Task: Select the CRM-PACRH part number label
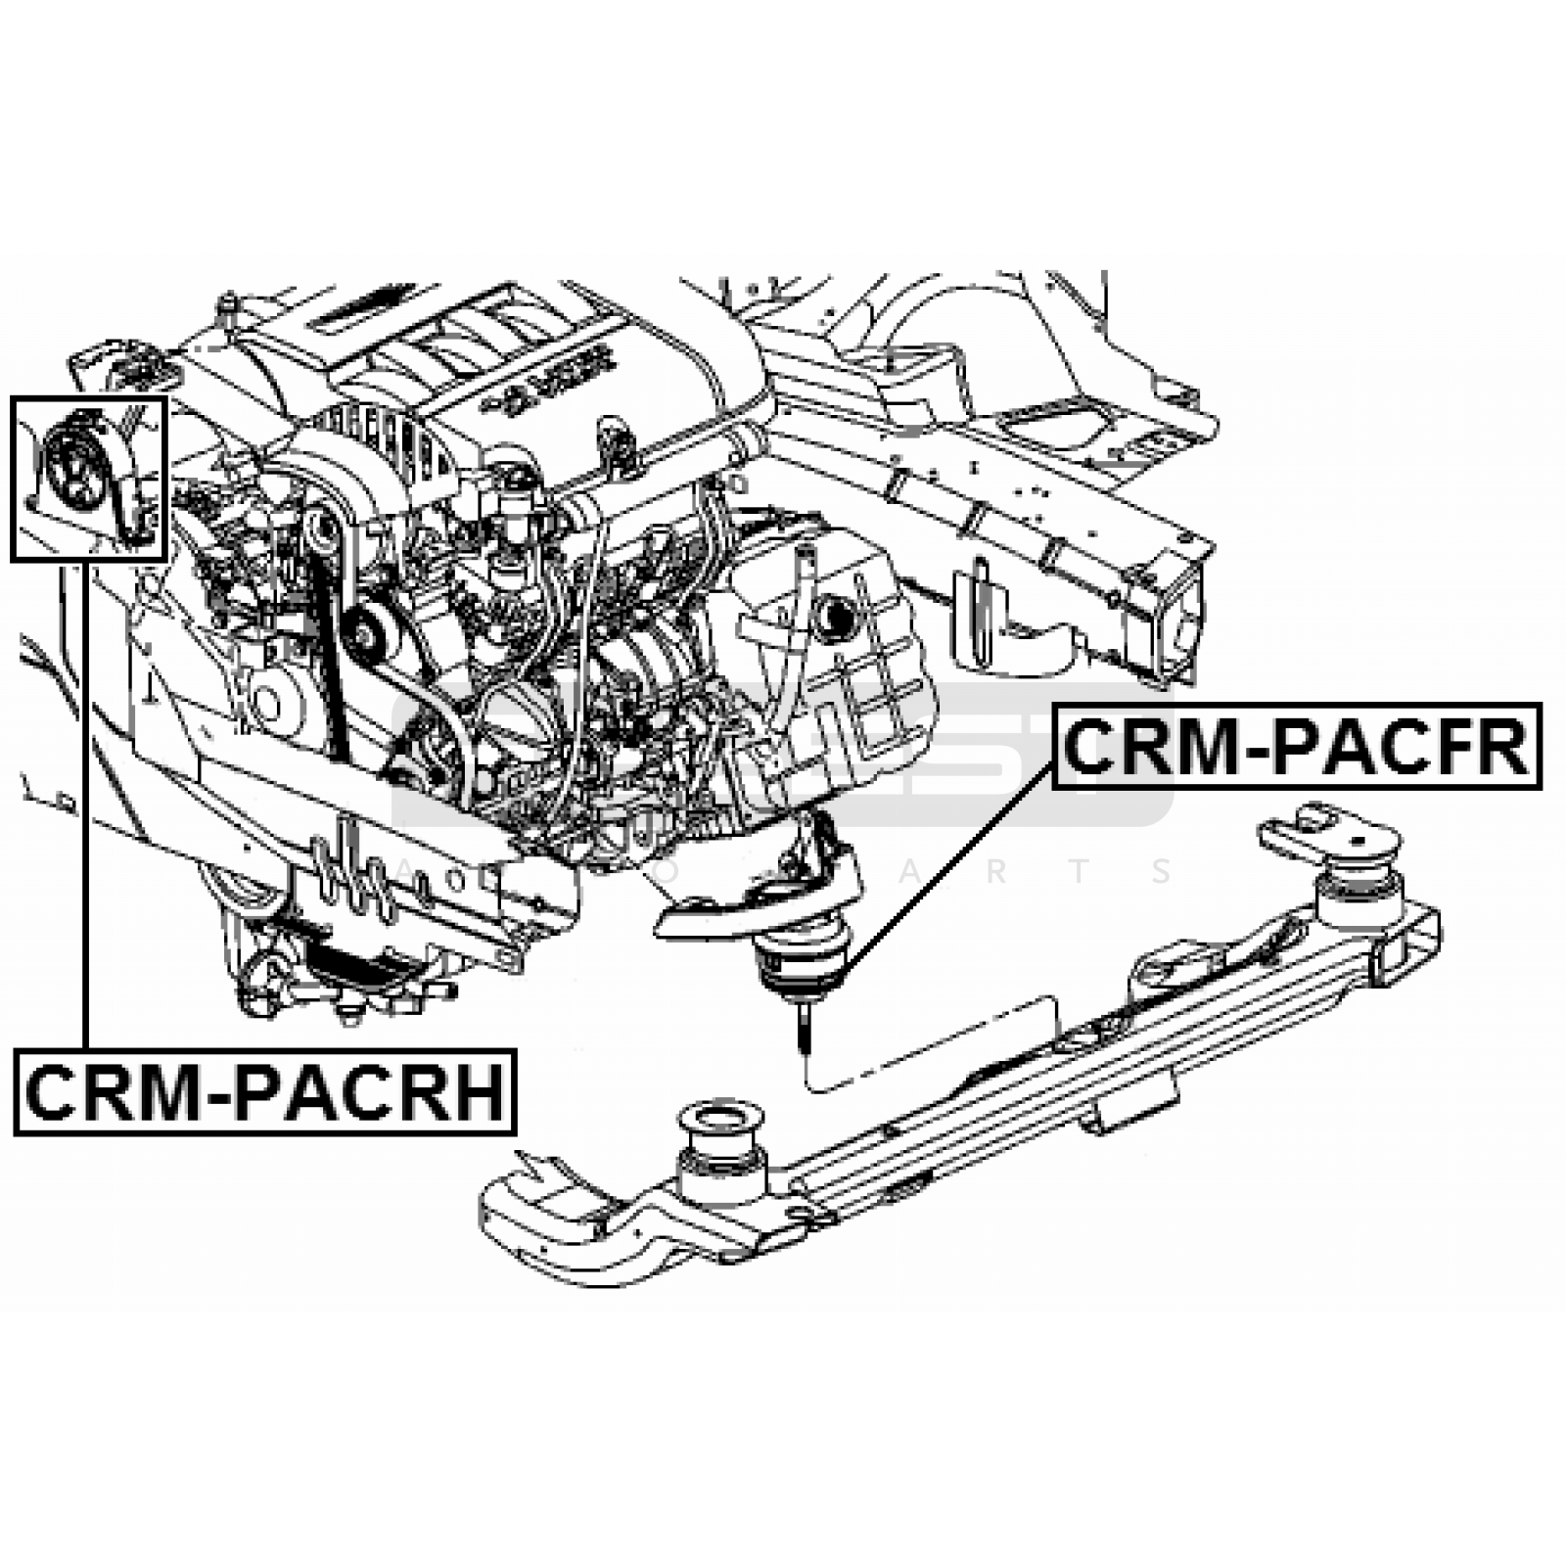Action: tap(264, 1092)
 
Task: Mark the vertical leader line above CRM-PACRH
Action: tap(86, 803)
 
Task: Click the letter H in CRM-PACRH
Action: tap(480, 1092)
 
